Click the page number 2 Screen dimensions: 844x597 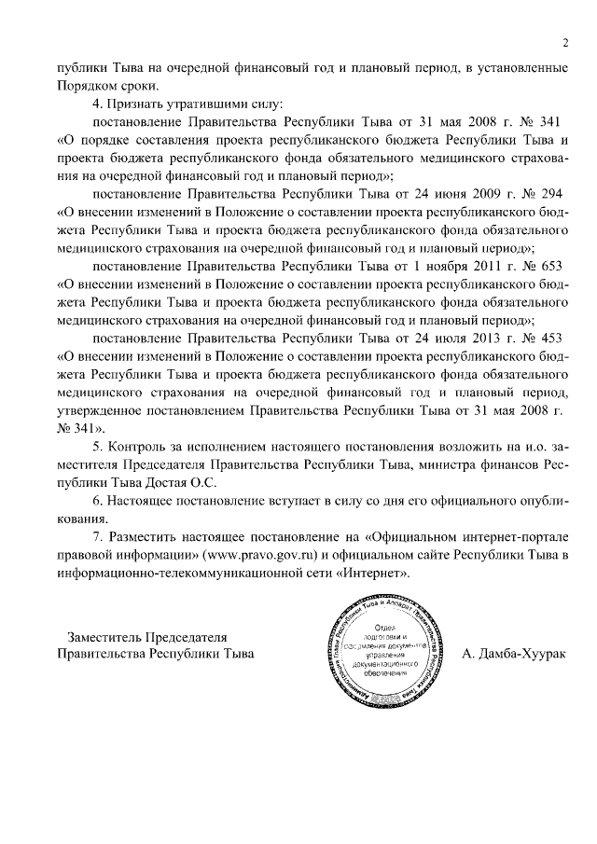point(565,42)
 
